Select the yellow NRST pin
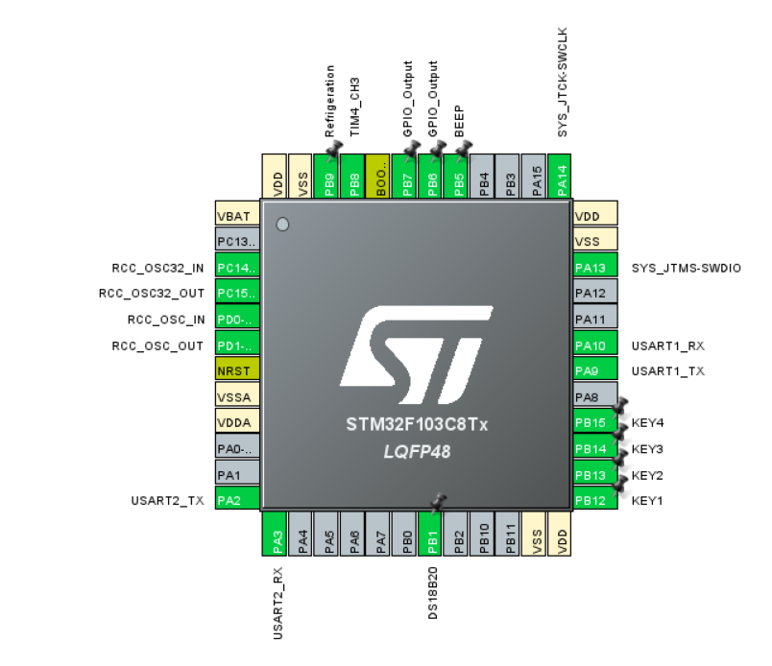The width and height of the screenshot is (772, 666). click(237, 370)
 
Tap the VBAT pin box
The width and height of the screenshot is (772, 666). click(237, 216)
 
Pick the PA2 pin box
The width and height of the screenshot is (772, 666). click(237, 500)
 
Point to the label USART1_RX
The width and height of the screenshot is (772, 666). click(662, 345)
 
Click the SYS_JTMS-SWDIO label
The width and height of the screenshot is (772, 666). click(687, 268)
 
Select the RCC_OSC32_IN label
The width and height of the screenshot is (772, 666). click(157, 268)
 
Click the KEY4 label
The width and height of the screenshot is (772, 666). click(648, 423)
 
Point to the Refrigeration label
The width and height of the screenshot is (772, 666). click(330, 102)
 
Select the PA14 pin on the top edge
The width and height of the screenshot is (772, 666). click(564, 177)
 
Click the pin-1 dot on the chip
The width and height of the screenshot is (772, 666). click(282, 225)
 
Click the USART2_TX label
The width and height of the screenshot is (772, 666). click(168, 500)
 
